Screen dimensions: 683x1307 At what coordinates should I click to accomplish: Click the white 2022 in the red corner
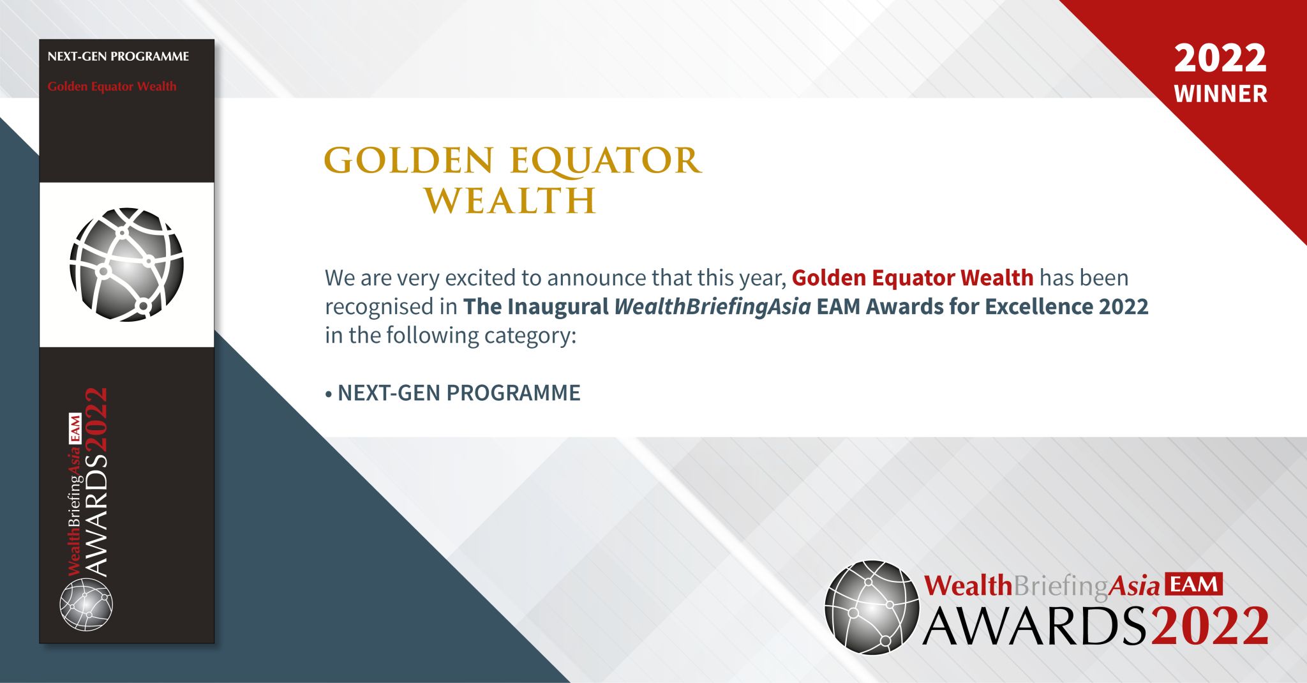coord(1220,59)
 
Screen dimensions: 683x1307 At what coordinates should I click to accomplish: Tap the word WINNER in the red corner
coord(1220,94)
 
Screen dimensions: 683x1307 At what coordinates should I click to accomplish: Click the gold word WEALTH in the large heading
coord(511,200)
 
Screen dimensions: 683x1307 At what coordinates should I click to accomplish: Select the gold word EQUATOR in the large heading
coord(606,160)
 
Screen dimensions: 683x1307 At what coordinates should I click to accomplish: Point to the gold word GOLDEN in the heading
coord(409,160)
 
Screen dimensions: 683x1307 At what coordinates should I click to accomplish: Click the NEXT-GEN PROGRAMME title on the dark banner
coord(118,57)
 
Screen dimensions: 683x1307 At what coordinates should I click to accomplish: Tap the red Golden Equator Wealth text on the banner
coord(112,87)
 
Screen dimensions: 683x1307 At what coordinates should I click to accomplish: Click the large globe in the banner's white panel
coord(126,264)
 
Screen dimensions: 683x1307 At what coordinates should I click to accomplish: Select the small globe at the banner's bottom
coord(86,604)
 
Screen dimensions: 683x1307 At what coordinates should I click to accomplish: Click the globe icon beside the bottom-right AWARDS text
coord(872,607)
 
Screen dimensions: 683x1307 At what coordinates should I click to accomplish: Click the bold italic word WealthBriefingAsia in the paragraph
coord(712,307)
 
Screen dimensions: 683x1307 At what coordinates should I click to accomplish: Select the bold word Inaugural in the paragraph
coord(558,307)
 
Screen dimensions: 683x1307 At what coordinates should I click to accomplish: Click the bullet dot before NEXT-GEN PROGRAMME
coord(329,394)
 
